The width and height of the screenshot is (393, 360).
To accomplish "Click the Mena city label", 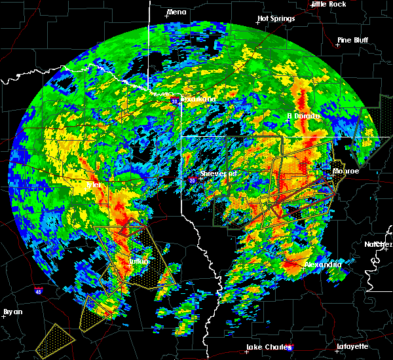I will [176, 12].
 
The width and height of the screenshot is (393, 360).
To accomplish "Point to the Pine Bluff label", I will [352, 40].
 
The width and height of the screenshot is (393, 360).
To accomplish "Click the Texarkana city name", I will [198, 99].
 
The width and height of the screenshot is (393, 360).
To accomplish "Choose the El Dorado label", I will [304, 115].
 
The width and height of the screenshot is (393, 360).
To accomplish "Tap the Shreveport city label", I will [218, 173].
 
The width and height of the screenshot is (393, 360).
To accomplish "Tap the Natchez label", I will [379, 244].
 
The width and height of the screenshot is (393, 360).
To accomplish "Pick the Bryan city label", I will [12, 312].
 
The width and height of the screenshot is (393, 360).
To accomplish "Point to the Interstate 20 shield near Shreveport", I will [191, 179].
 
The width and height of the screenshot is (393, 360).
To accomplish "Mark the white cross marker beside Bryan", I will [4, 316].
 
